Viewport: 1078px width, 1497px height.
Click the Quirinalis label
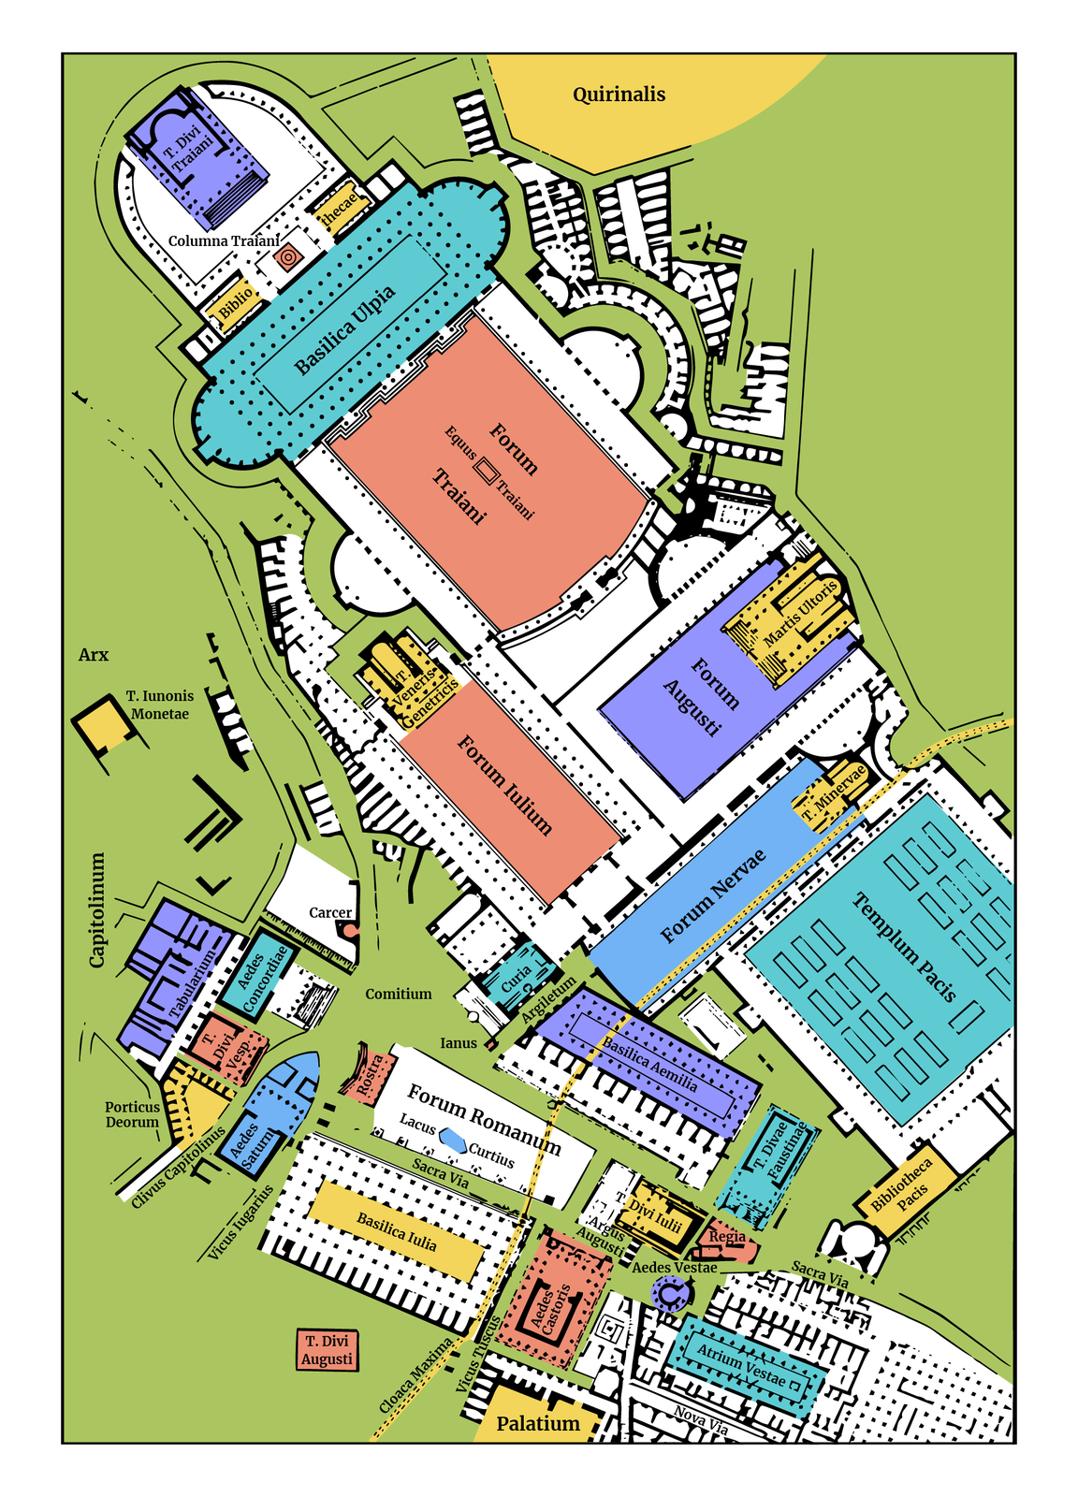coord(619,94)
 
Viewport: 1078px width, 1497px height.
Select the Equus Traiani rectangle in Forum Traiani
coord(487,471)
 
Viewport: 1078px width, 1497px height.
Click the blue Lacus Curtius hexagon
coord(455,1139)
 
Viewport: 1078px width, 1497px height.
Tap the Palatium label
coord(538,1423)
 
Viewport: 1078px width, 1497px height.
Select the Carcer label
coord(330,912)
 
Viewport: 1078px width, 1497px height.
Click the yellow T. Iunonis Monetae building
coord(104,726)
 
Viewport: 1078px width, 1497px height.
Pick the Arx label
coord(94,655)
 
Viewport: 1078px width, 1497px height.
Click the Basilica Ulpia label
coord(345,328)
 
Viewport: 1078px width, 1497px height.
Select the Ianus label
coord(459,1042)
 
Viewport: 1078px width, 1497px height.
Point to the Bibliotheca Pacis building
coord(903,1188)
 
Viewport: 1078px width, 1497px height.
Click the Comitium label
coord(399,994)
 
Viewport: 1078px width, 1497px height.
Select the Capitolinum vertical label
coord(97,909)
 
